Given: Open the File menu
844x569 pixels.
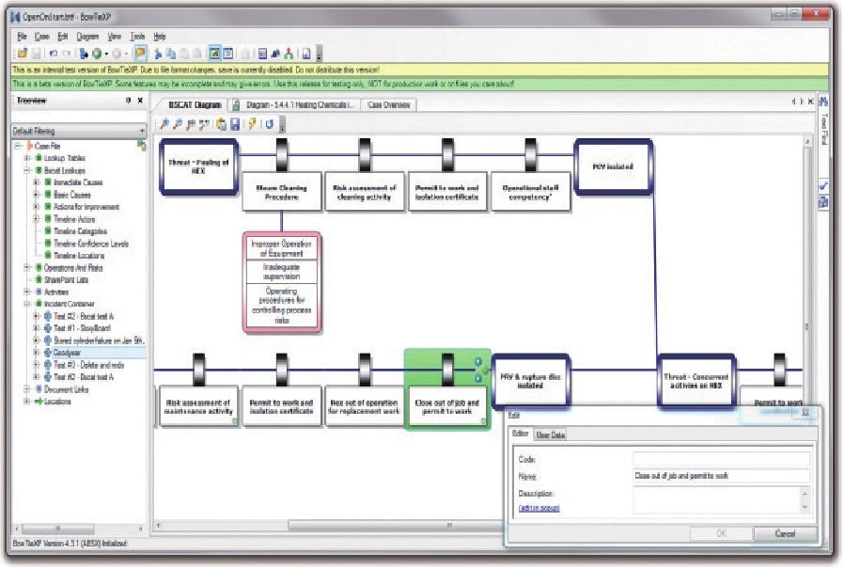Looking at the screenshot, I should point(21,36).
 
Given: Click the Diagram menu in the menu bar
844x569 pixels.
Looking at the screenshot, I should point(87,36).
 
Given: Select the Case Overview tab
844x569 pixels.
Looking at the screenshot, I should point(389,105).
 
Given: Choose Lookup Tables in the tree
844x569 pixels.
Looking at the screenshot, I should point(63,158).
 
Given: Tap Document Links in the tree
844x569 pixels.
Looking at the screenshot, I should point(70,388).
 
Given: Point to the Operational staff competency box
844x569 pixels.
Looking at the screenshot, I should point(531,192).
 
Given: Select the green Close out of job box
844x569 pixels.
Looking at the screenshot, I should point(446,407).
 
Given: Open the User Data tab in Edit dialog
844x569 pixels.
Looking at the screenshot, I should point(551,435).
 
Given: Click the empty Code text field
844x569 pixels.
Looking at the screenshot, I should point(720,459).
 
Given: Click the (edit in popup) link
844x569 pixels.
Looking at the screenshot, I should point(539,509).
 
